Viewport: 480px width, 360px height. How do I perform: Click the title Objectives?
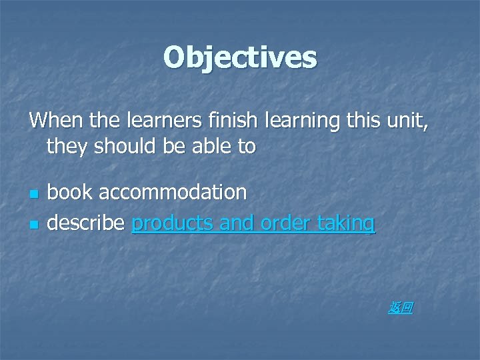coord(240,58)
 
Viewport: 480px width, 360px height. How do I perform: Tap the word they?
coord(67,147)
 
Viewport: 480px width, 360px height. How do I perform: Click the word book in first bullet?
coord(71,193)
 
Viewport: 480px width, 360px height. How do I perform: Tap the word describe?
coord(86,223)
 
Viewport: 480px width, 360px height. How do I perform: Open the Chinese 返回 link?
coord(401,307)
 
